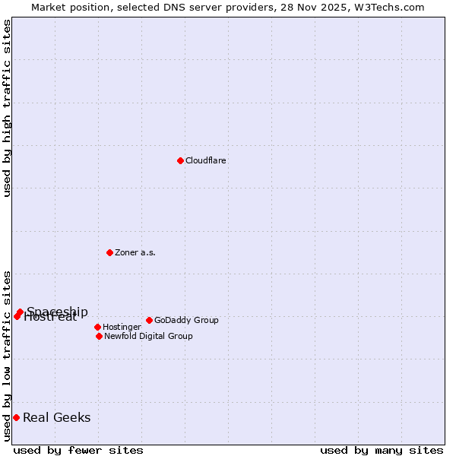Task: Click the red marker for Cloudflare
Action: pyautogui.click(x=180, y=160)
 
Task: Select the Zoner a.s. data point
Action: pyautogui.click(x=109, y=252)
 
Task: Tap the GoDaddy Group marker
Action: pyautogui.click(x=149, y=320)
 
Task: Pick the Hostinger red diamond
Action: pyautogui.click(x=97, y=327)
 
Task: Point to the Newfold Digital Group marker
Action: pyautogui.click(x=99, y=336)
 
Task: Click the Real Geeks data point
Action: pyautogui.click(x=16, y=417)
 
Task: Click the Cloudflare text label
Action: pyautogui.click(x=206, y=160)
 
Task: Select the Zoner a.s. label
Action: pyautogui.click(x=135, y=252)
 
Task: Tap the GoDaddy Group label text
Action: pyautogui.click(x=186, y=320)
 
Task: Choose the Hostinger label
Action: pyautogui.click(x=122, y=327)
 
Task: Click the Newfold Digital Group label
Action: pyautogui.click(x=148, y=336)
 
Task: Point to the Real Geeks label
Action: pyautogui.click(x=57, y=417)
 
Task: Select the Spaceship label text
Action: pyautogui.click(x=58, y=311)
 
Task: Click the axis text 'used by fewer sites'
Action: pyautogui.click(x=78, y=450)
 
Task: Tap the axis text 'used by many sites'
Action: pyautogui.click(x=382, y=450)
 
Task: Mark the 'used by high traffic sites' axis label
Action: pyautogui.click(x=7, y=108)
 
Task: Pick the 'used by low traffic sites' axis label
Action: pyautogui.click(x=7, y=356)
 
